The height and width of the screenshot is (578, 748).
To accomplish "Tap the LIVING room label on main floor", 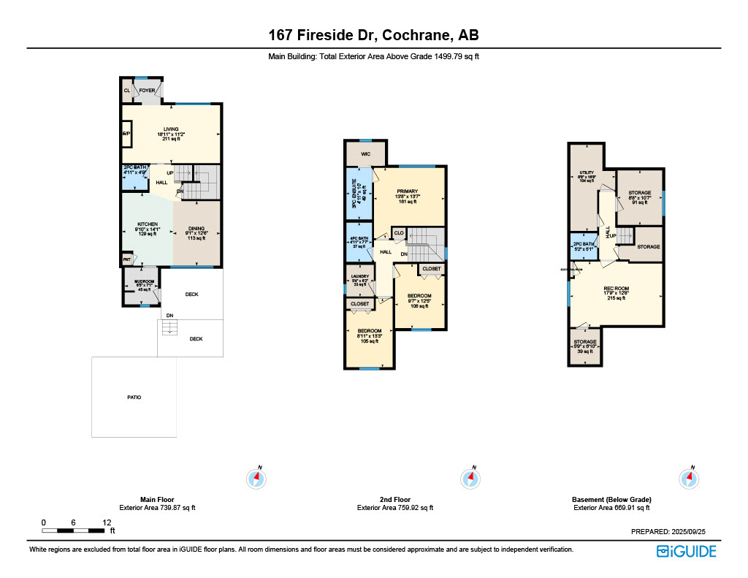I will pos(171,129).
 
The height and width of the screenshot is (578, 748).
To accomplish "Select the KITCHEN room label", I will pos(147,224).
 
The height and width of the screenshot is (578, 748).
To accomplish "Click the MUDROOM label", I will pos(144,281).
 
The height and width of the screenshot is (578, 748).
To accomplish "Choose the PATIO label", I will pos(134,397).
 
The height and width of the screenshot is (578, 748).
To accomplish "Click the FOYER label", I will pos(148,91).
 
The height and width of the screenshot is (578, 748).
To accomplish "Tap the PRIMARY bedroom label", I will pos(407,191).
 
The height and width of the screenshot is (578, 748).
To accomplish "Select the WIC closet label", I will pos(365,154).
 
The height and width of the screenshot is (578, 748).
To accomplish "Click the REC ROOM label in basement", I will pos(616,289).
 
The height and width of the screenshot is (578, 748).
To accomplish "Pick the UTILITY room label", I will pos(587,172).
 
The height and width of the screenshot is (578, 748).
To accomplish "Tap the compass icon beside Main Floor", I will pos(256,478).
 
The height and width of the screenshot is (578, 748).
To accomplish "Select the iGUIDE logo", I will pos(686,551).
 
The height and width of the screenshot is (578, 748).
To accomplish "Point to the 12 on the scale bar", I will pos(107,522).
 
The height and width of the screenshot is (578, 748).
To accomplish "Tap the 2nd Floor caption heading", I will pos(394,499).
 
